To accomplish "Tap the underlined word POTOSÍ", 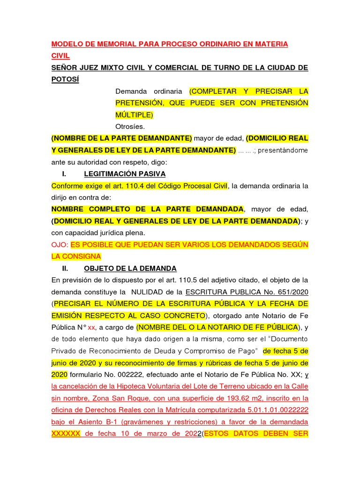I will (x=65, y=79).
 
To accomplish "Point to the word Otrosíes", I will (x=130, y=126).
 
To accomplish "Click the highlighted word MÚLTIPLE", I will (x=133, y=114).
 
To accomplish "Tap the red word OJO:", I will (x=60, y=245).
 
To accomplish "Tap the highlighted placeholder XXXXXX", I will (x=66, y=434).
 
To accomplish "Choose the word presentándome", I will (x=283, y=150).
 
